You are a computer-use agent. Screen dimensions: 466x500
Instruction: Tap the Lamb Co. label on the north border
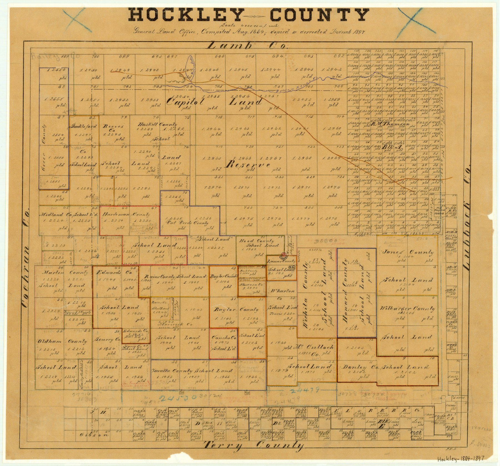(x=247, y=45)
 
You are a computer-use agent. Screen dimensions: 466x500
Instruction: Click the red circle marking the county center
(x=284, y=254)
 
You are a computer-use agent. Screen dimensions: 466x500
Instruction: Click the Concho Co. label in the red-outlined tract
(x=224, y=338)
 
